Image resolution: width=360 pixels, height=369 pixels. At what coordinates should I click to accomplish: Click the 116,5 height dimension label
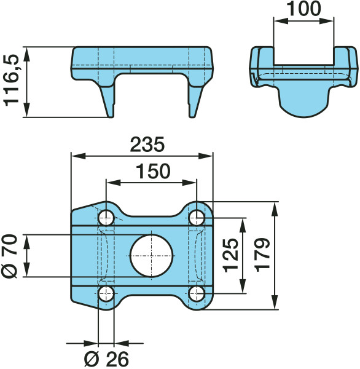(x=11, y=80)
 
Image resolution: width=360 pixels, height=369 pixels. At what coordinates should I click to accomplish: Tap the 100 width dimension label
(x=304, y=9)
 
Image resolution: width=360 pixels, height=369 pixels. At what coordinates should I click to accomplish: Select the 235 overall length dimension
(x=147, y=145)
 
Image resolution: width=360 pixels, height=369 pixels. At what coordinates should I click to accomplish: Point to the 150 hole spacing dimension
(x=153, y=171)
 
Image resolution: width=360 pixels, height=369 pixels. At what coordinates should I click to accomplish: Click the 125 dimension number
(x=230, y=255)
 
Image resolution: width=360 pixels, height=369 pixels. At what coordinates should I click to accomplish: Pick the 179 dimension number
(x=262, y=255)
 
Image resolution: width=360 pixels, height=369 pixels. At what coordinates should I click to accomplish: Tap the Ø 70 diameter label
(x=10, y=256)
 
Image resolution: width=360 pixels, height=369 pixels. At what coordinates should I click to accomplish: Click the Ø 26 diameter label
(x=106, y=359)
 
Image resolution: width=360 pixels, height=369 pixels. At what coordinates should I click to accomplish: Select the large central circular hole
(x=152, y=256)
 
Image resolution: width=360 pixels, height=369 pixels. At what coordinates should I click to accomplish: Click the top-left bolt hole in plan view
(x=106, y=218)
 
